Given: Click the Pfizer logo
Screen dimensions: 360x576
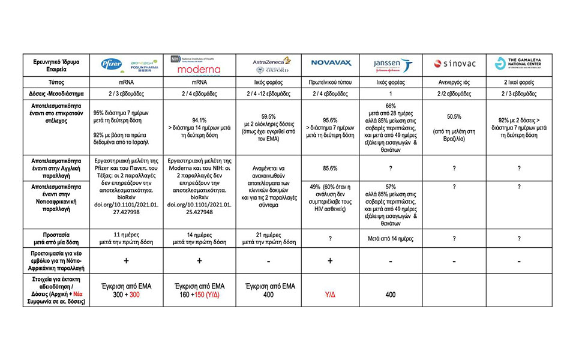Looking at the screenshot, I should click(x=112, y=63).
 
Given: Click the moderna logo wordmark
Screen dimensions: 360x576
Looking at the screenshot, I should click(x=199, y=69).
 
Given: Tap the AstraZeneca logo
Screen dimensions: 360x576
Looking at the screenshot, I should click(x=272, y=60).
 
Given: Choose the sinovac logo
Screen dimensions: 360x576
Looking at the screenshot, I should click(x=454, y=63).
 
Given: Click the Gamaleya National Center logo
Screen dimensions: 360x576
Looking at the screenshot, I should click(x=518, y=63).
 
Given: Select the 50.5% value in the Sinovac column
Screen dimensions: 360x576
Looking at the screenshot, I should click(x=454, y=116).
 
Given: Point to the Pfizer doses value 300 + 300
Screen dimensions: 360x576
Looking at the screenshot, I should click(x=127, y=295).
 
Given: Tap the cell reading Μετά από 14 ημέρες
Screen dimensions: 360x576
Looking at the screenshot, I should click(x=392, y=238).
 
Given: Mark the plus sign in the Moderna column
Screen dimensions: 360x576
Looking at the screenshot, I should click(x=199, y=260).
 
